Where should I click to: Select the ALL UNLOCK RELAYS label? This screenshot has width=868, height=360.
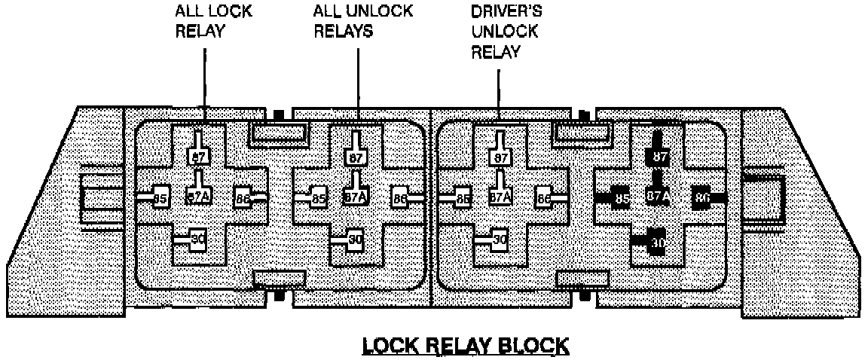363,23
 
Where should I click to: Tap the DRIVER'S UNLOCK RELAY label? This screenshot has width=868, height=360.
504,32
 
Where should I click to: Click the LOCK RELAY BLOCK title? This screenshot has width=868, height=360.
466,346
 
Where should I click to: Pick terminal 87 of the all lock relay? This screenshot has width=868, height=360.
197,157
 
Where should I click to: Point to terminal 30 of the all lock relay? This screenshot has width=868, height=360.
197,239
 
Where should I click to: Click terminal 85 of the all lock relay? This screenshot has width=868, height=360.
160,199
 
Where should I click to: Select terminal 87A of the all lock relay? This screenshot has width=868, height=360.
197,197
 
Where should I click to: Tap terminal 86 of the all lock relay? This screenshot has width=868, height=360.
243,199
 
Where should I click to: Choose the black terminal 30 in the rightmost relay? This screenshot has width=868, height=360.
656,243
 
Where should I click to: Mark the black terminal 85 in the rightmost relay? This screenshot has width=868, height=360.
621,199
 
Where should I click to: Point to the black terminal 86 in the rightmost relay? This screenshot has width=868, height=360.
702,197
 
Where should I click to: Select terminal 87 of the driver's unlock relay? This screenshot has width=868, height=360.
500,157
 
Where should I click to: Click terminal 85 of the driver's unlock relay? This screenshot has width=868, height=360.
462,199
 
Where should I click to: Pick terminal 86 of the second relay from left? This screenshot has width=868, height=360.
400,199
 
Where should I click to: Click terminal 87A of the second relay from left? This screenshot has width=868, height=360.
355,197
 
